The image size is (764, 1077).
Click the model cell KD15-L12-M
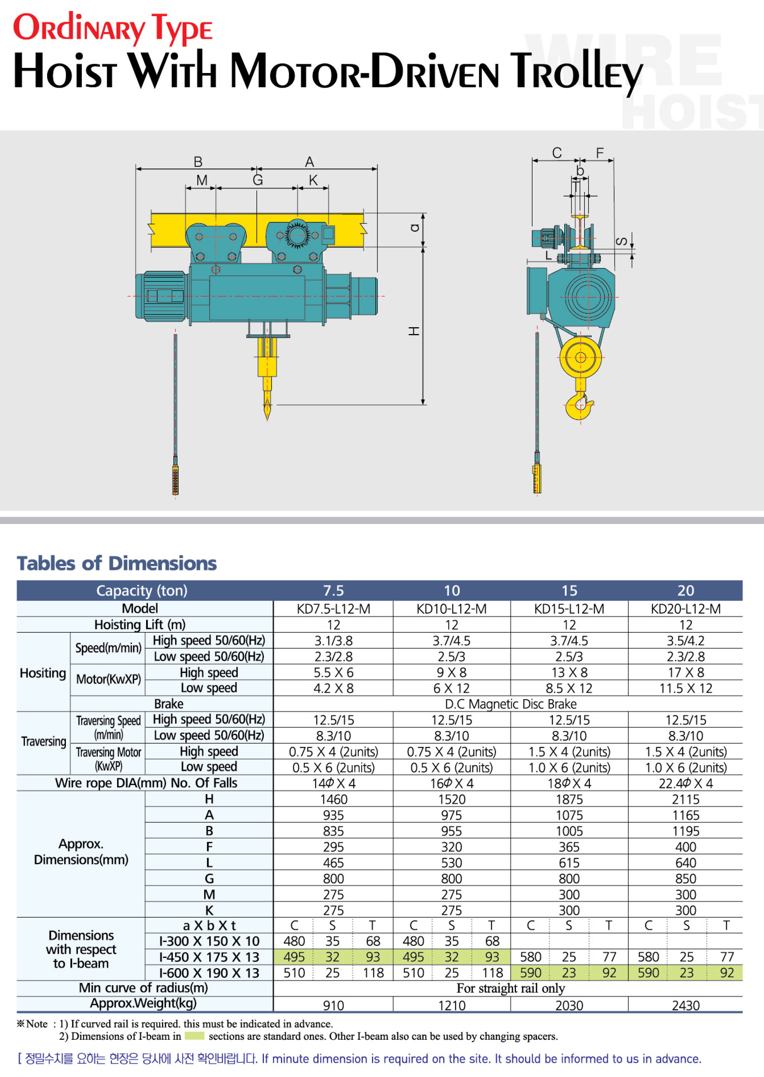569,609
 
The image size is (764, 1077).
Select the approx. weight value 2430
685,1006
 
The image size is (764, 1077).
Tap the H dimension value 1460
334,800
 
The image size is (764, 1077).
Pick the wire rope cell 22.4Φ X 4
685,784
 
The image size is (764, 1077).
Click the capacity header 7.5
334,591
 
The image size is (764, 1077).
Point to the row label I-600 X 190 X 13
209,973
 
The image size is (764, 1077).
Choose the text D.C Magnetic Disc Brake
510,704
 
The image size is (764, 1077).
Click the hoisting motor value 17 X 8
685,673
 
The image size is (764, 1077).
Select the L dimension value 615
569,863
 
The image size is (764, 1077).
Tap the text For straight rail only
510,989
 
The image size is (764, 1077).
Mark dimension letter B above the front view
198,162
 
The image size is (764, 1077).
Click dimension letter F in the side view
600,153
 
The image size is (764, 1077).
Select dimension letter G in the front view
258,180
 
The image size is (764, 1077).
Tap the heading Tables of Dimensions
117,563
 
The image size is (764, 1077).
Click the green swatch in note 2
194,1036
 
